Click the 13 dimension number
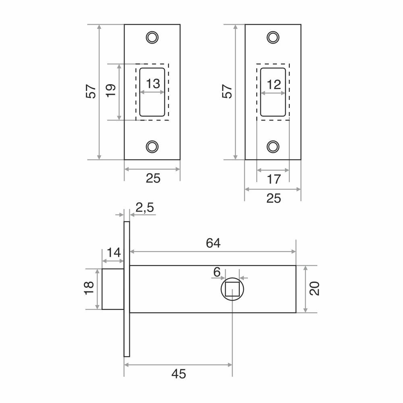[x=153, y=84]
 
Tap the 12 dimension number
[x=274, y=85]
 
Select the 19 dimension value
[x=111, y=90]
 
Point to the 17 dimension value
[x=274, y=179]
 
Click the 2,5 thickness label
[x=145, y=208]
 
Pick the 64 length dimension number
[x=213, y=243]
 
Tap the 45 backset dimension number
[x=179, y=374]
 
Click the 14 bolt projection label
[x=114, y=252]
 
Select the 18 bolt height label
[x=89, y=288]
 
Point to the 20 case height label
[x=314, y=289]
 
